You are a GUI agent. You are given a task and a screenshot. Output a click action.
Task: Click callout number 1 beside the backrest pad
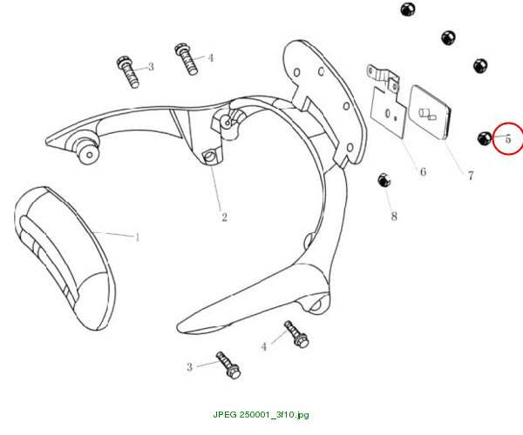pyautogui.click(x=137, y=238)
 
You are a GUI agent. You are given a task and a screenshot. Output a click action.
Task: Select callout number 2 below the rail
pyautogui.click(x=225, y=217)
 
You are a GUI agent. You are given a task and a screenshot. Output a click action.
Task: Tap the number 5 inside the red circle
pyautogui.click(x=508, y=139)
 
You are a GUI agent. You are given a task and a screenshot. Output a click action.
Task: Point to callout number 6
pyautogui.click(x=423, y=171)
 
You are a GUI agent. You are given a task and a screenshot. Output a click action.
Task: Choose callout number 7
pyautogui.click(x=471, y=176)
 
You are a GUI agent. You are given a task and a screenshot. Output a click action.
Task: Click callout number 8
pyautogui.click(x=394, y=217)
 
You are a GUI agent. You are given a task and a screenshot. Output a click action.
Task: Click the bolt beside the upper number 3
pyautogui.click(x=128, y=72)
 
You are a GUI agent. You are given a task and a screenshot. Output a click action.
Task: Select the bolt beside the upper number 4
pyautogui.click(x=187, y=59)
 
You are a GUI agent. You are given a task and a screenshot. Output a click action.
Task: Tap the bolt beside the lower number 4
pyautogui.click(x=296, y=334)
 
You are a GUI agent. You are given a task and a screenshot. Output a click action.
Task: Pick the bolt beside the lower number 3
pyautogui.click(x=228, y=365)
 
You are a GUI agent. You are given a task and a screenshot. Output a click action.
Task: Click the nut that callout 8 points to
pyautogui.click(x=384, y=180)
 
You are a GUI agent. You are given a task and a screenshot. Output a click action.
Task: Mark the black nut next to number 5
pyautogui.click(x=485, y=138)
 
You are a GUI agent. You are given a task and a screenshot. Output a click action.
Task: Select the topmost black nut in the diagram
pyautogui.click(x=408, y=9)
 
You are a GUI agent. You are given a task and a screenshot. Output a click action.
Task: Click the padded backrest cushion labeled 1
pyautogui.click(x=65, y=258)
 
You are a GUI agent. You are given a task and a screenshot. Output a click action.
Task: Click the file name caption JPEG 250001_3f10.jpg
pyautogui.click(x=261, y=415)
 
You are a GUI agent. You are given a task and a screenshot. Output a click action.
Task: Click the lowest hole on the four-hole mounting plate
pyautogui.click(x=350, y=147)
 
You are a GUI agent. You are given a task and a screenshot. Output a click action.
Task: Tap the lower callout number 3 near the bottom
pyautogui.click(x=189, y=367)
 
